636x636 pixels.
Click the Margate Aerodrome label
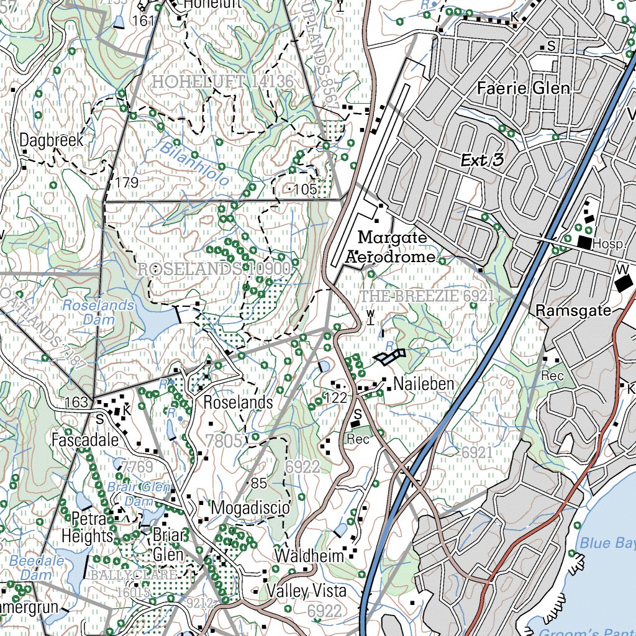tap(392, 247)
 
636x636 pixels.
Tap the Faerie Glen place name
tap(523, 88)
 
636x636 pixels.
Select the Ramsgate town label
tap(575, 310)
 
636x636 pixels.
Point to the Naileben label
tap(424, 384)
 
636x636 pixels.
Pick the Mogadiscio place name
tap(250, 508)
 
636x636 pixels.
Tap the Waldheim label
tap(310, 555)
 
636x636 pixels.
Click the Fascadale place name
tap(85, 440)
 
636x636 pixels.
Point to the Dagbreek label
tap(51, 140)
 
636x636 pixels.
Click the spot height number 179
tap(127, 183)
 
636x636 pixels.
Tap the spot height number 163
tap(76, 402)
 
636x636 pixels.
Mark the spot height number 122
tap(335, 397)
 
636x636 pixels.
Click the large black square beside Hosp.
tap(584, 242)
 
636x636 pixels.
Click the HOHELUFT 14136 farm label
tap(222, 81)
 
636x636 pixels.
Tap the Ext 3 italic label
tap(481, 161)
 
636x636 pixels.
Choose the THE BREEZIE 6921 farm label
tap(427, 296)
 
